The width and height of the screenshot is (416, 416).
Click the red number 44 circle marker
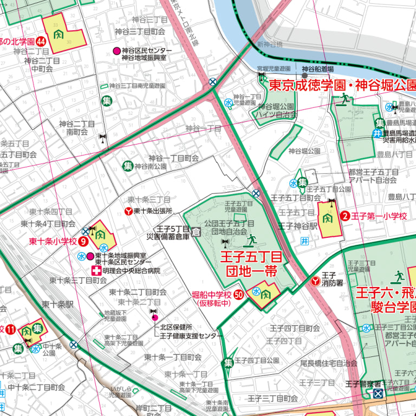coord(41,41)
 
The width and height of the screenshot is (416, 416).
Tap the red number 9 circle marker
coord(83,242)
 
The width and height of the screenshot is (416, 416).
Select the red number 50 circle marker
coord(238,295)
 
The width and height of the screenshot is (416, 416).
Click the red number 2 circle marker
coord(344,216)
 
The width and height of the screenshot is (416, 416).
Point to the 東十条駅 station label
coord(57,304)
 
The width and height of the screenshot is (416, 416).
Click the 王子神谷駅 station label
coord(297,226)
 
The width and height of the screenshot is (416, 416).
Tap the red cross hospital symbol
coord(95,270)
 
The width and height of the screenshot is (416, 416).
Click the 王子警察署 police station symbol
coord(378,393)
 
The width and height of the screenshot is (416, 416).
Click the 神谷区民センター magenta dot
coord(116,51)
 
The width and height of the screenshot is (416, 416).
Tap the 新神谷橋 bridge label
coord(270,44)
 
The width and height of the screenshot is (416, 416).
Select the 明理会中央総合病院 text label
coord(131,270)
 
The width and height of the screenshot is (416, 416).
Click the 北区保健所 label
coord(175,327)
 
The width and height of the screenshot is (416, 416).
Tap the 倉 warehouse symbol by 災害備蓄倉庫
coord(196,232)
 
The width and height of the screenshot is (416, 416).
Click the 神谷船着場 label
coord(317,69)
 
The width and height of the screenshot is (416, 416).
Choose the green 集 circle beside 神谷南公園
coord(128,166)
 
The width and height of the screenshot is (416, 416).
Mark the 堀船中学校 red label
coord(212,295)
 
